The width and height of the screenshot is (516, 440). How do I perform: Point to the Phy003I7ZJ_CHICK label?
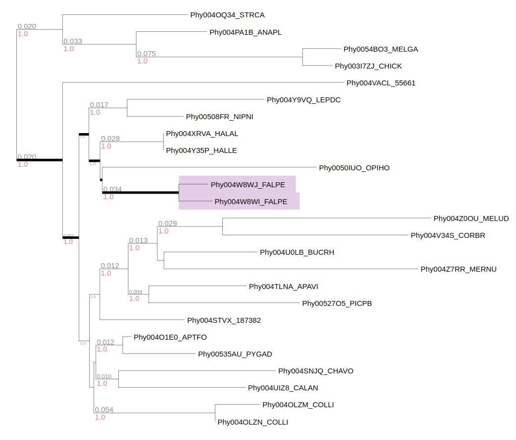[x=368, y=66]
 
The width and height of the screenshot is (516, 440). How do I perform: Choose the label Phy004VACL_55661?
[x=381, y=83]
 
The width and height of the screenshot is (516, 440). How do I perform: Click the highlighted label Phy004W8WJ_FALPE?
[x=248, y=185]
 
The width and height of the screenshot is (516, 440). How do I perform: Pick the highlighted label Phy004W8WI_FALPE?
[x=251, y=202]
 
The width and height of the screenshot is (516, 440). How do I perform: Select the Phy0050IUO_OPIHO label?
[x=354, y=168]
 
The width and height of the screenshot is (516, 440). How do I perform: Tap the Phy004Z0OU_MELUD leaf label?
[x=471, y=219]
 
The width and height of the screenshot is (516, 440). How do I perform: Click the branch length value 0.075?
[x=146, y=54]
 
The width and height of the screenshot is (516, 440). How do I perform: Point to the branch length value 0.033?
[x=73, y=41]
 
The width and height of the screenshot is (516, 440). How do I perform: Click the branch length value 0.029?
[x=168, y=223]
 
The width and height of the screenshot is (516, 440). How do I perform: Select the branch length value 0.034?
[x=112, y=189]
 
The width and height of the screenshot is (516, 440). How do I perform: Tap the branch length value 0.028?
[x=110, y=139]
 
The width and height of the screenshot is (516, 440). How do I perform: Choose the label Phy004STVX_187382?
[x=224, y=320]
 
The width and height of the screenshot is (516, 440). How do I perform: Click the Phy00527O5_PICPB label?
[x=337, y=303]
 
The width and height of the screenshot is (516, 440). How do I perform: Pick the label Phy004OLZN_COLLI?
[x=253, y=422]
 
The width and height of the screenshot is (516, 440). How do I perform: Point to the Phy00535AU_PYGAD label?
[x=235, y=354]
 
